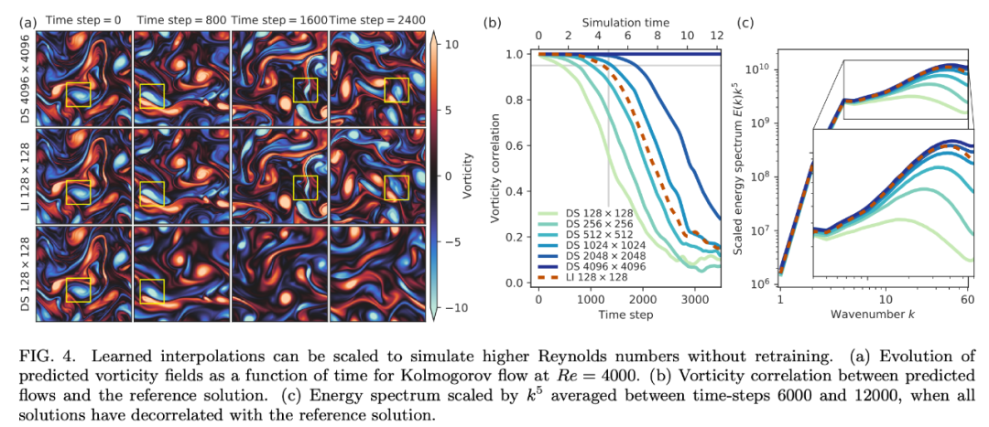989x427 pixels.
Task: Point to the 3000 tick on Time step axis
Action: pos(696,299)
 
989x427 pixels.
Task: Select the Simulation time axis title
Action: pos(627,20)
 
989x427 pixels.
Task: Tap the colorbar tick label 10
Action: pos(451,44)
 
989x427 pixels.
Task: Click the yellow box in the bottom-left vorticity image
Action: pos(79,290)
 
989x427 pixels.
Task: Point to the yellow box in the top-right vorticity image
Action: pos(397,91)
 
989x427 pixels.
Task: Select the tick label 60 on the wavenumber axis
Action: pos(967,299)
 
